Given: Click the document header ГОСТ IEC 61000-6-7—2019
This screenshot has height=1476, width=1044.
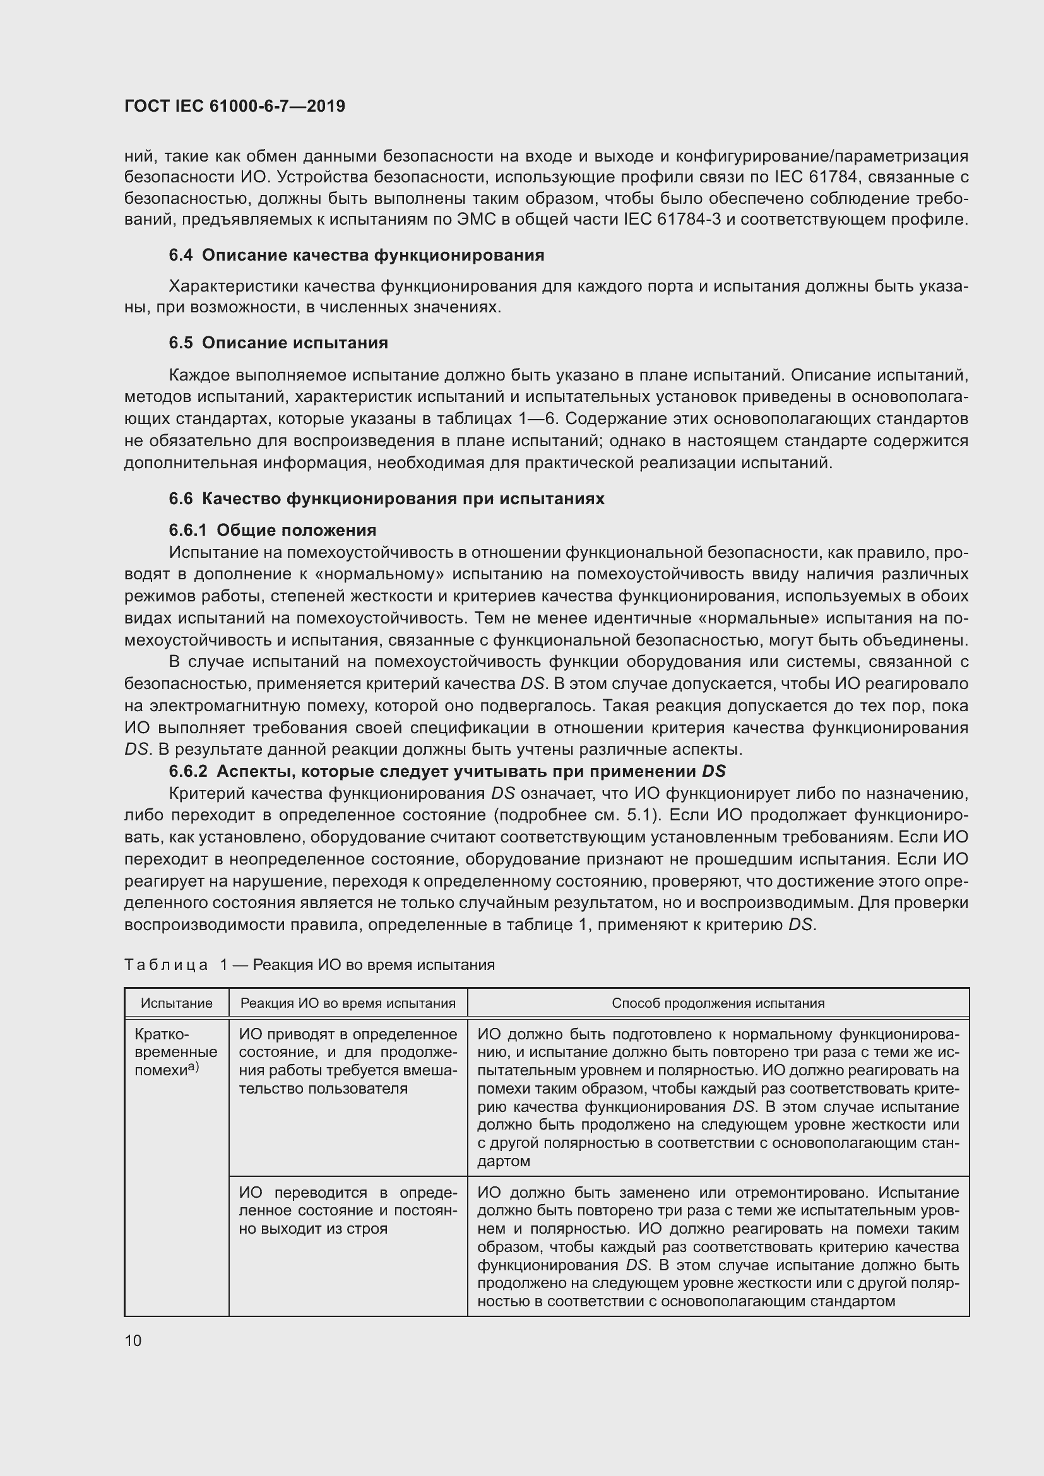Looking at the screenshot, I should pyautogui.click(x=235, y=106).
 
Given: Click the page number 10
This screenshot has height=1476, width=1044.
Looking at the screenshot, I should pyautogui.click(x=133, y=1340).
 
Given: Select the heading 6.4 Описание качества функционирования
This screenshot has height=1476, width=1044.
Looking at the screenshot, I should pyautogui.click(x=356, y=255).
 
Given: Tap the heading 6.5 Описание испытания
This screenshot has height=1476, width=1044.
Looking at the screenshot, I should pyautogui.click(x=278, y=343).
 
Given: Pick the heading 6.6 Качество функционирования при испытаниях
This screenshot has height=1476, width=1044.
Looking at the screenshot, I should pyautogui.click(x=386, y=499).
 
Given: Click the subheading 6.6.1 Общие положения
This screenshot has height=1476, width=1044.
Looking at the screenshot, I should pyautogui.click(x=273, y=529).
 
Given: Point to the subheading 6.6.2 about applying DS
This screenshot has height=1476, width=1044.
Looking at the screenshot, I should pyautogui.click(x=447, y=770).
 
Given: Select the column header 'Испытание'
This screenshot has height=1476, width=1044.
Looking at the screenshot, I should pyautogui.click(x=177, y=1003).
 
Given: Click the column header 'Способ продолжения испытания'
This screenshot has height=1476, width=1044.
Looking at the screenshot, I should pyautogui.click(x=718, y=1003).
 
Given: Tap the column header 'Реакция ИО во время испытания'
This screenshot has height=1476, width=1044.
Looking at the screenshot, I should pyautogui.click(x=348, y=1003).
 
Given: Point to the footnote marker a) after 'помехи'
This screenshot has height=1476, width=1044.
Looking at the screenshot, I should pyautogui.click(x=194, y=1066).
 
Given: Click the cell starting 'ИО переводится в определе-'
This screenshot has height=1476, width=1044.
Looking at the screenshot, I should pyautogui.click(x=348, y=1210).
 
